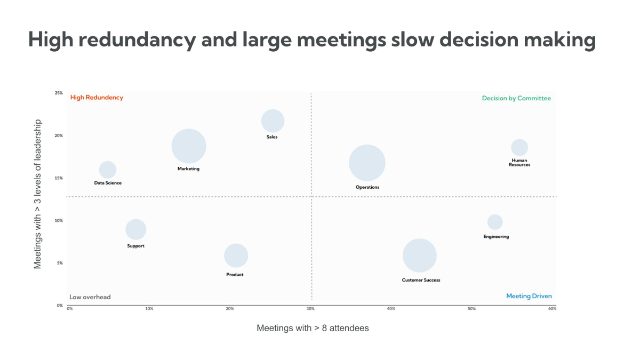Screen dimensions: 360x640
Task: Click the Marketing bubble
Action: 189,147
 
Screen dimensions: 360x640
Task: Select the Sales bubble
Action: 273,121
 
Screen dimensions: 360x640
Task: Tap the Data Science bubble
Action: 108,170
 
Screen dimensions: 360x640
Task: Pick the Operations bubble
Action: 367,163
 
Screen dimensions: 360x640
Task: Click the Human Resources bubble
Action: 519,148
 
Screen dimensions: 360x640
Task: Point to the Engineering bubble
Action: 495,222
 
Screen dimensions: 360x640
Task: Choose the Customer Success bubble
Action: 420,256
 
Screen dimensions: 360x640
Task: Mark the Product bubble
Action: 236,255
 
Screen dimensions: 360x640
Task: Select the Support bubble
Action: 136,229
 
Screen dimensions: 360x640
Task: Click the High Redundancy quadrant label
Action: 97,98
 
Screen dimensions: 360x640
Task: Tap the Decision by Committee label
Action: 516,98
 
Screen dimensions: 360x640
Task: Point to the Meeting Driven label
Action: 529,296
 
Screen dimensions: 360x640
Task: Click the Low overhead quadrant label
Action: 90,297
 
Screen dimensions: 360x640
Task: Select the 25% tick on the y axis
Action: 59,93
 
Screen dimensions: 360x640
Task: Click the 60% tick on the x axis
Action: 552,309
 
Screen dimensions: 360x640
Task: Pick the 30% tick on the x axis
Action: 310,309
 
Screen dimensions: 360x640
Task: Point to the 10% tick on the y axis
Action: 59,220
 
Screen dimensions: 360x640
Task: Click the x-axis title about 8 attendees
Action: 313,328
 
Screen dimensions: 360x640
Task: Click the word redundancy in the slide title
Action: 132,40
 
